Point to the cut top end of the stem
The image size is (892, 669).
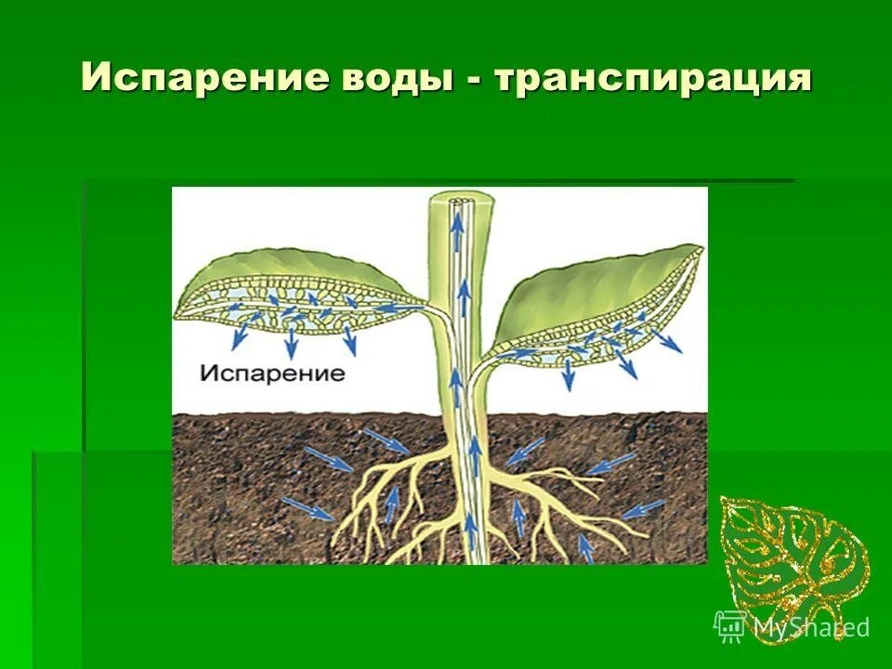[x=455, y=201]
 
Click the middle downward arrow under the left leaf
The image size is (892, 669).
[x=291, y=345]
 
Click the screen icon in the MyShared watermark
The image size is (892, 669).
[x=729, y=626]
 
